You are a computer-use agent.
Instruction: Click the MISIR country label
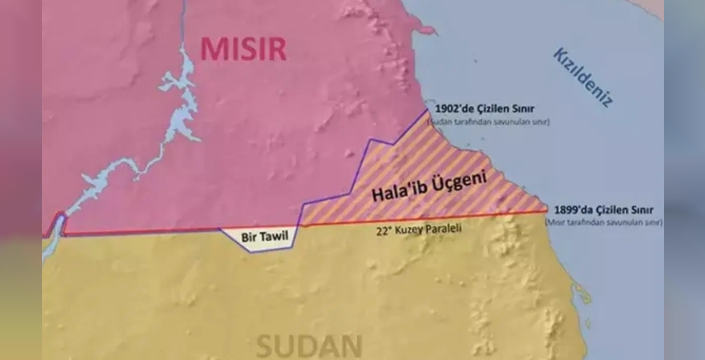(244, 47)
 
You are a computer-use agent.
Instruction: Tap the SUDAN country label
(308, 346)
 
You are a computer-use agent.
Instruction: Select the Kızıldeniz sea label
(582, 75)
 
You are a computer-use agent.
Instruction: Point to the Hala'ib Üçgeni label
(427, 186)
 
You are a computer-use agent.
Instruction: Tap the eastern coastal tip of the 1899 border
(546, 210)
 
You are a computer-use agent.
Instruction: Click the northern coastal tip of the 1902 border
(427, 110)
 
